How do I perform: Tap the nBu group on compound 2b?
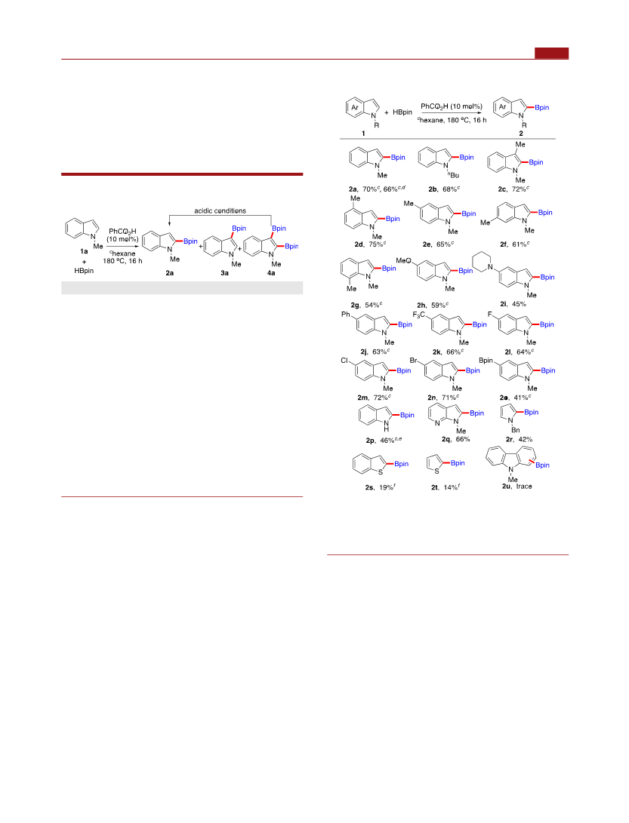tap(454, 175)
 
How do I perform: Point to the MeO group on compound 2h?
tap(403, 260)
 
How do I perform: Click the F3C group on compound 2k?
tap(419, 315)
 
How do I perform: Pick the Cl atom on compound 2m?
tap(345, 361)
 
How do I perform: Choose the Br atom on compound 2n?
tap(414, 361)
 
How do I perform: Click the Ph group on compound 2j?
tap(346, 315)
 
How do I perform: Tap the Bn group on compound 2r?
tap(516, 430)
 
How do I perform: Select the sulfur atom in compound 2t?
tap(436, 471)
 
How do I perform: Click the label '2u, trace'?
tap(516, 487)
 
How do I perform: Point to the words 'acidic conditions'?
tap(220, 211)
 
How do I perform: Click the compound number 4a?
tap(271, 273)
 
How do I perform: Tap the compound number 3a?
tap(224, 273)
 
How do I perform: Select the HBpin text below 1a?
tap(84, 271)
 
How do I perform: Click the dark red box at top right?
tap(552, 53)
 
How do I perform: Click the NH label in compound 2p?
tap(386, 425)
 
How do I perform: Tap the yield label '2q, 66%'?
tap(455, 439)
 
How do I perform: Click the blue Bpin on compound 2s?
tap(402, 464)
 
